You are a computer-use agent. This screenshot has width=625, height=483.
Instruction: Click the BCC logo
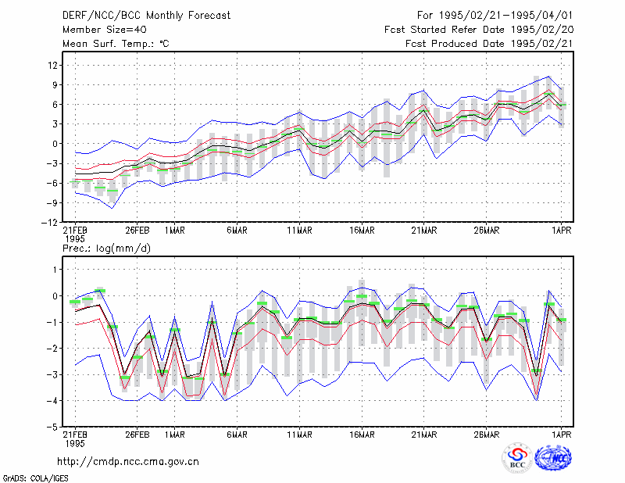pyautogui.click(x=517, y=458)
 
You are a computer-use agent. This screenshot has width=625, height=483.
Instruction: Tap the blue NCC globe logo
pyautogui.click(x=553, y=458)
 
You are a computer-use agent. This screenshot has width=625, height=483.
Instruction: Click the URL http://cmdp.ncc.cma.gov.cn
pyautogui.click(x=128, y=462)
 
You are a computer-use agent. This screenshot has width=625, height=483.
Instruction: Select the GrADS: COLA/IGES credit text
pyautogui.click(x=35, y=478)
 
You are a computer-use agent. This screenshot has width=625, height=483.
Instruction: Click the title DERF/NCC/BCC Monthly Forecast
pyautogui.click(x=146, y=16)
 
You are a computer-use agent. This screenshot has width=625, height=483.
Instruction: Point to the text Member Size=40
pyautogui.click(x=105, y=30)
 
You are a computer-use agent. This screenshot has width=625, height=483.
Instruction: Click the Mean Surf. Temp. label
pyautogui.click(x=116, y=44)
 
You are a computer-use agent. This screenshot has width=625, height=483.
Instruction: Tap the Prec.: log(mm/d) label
pyautogui.click(x=106, y=249)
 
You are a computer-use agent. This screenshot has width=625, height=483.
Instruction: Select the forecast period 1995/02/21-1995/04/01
pyautogui.click(x=495, y=16)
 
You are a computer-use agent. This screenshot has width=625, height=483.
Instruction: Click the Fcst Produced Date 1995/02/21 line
pyautogui.click(x=489, y=44)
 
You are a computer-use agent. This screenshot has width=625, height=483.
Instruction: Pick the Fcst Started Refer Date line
pyautogui.click(x=479, y=30)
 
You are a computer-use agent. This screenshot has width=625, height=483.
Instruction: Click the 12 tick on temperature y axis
pyautogui.click(x=53, y=66)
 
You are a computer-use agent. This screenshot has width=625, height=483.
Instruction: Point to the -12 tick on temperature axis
pyautogui.click(x=49, y=223)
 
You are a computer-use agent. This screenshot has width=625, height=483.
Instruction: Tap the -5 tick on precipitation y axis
pyautogui.click(x=52, y=428)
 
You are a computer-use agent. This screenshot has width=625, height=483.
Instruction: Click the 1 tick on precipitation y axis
pyautogui.click(x=55, y=270)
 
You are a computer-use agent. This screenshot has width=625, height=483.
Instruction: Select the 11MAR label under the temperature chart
pyautogui.click(x=299, y=231)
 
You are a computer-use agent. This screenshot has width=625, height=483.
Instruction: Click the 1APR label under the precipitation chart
pyautogui.click(x=561, y=435)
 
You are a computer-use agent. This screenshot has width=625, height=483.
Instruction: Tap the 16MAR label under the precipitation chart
pyautogui.click(x=362, y=435)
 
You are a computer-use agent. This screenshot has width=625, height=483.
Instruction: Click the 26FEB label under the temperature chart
pyautogui.click(x=137, y=231)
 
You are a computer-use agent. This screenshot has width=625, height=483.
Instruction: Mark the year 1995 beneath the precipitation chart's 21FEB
pyautogui.click(x=75, y=443)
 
